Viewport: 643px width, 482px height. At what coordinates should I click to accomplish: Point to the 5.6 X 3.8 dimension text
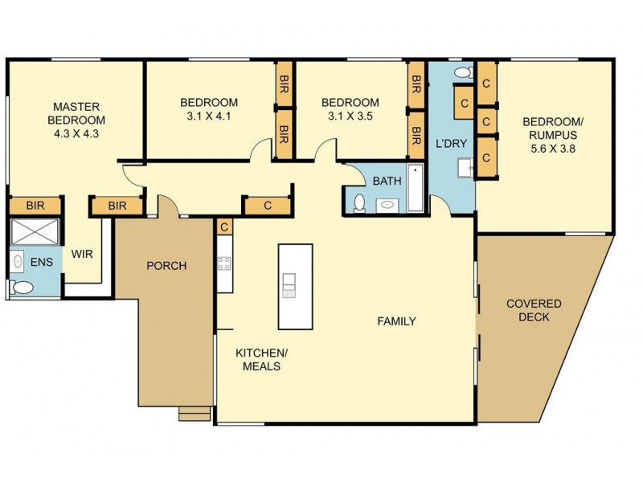tap(554, 148)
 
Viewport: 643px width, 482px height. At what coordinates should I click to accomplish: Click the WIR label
tap(83, 254)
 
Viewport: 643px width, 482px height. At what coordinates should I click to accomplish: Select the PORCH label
tap(166, 266)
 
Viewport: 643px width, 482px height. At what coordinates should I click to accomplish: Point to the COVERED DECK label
tap(534, 310)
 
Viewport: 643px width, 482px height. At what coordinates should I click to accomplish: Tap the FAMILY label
tap(397, 321)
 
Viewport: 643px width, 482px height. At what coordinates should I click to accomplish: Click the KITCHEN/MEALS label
tap(257, 359)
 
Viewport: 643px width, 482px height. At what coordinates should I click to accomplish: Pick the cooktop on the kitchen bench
tap(223, 263)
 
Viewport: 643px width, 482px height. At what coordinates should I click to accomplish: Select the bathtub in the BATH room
tap(415, 189)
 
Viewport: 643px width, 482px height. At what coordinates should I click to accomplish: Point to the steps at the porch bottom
tap(193, 414)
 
